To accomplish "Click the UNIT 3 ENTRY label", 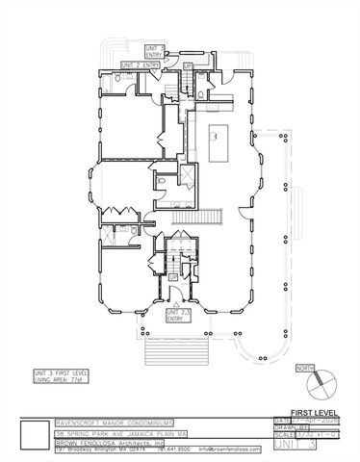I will point(154,51).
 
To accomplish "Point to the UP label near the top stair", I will point(188,64).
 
